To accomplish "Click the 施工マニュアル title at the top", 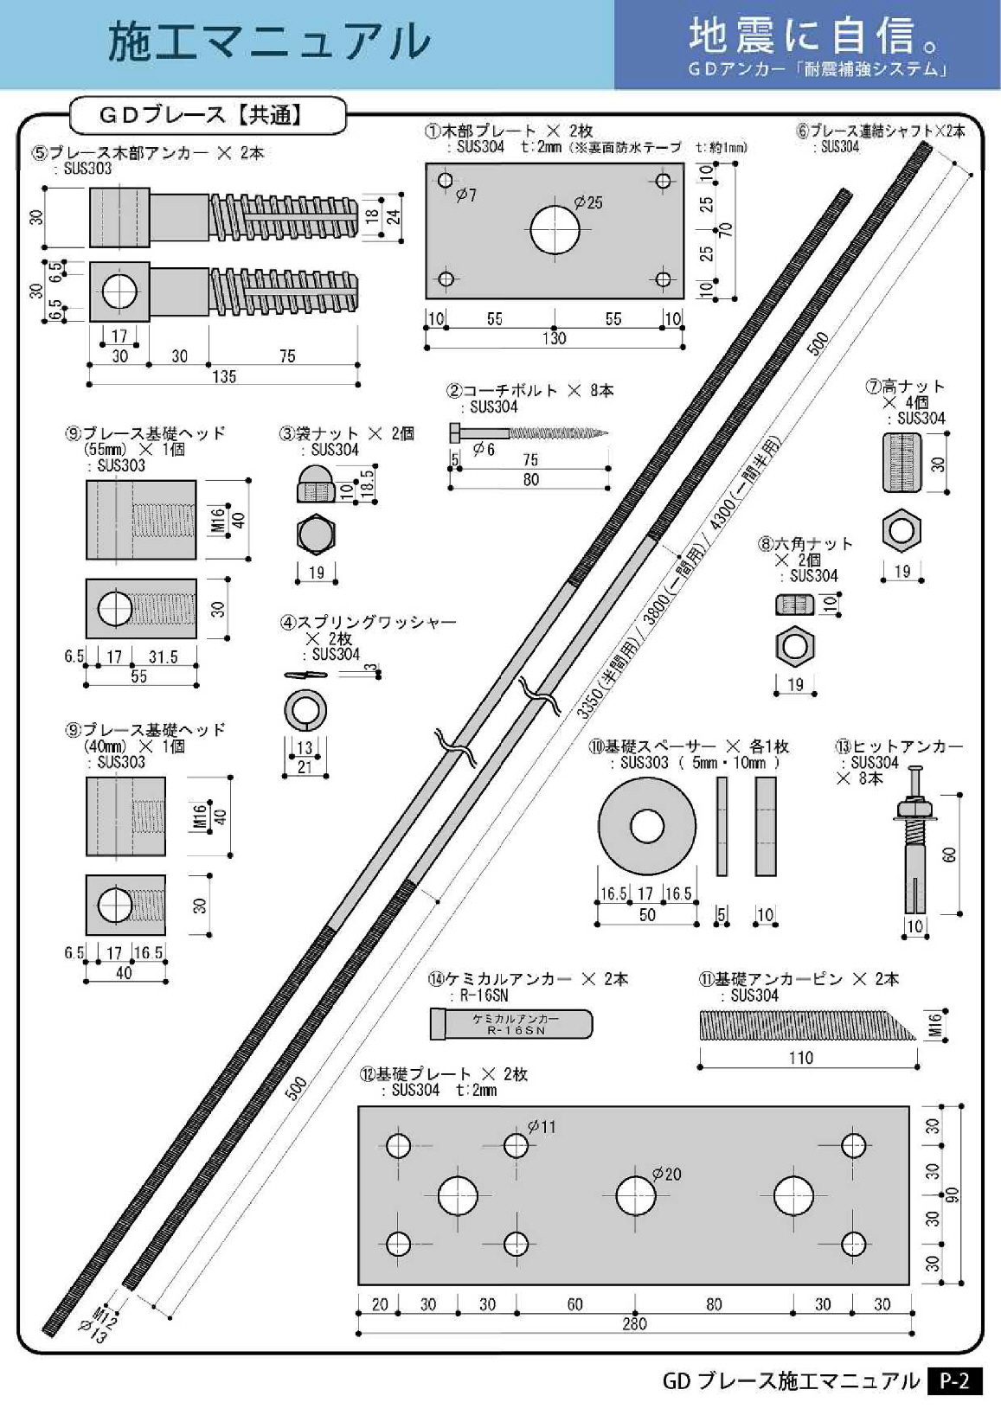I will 269,41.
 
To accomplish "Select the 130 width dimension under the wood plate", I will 555,338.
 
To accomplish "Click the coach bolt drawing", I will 528,432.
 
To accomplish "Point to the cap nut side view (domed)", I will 316,486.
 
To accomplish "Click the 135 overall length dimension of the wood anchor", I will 223,376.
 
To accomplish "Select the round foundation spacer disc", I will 646,827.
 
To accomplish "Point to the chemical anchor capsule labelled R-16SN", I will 511,1024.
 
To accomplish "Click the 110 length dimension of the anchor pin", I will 800,1057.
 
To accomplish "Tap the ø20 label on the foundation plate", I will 667,1174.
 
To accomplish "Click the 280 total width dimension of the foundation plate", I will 634,1323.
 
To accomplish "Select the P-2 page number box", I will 955,1381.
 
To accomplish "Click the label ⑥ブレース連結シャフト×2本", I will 880,131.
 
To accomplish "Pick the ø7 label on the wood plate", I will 466,195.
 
